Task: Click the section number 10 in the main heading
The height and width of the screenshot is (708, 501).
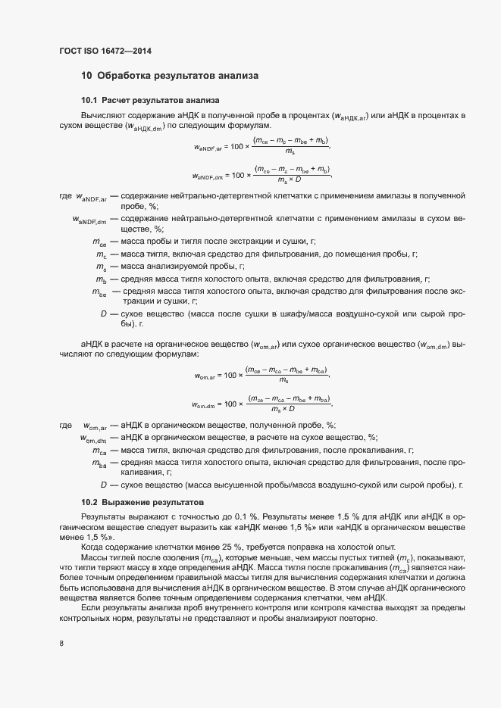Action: click(x=86, y=76)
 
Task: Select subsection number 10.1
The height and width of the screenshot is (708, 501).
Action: click(x=89, y=100)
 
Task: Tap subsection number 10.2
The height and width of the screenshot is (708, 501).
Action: click(x=89, y=503)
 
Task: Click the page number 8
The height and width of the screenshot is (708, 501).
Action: click(x=61, y=644)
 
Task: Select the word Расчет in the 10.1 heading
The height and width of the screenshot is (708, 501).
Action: click(x=118, y=100)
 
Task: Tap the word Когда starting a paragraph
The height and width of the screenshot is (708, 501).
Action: click(x=94, y=547)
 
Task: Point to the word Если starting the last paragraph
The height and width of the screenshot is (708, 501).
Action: click(x=91, y=608)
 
